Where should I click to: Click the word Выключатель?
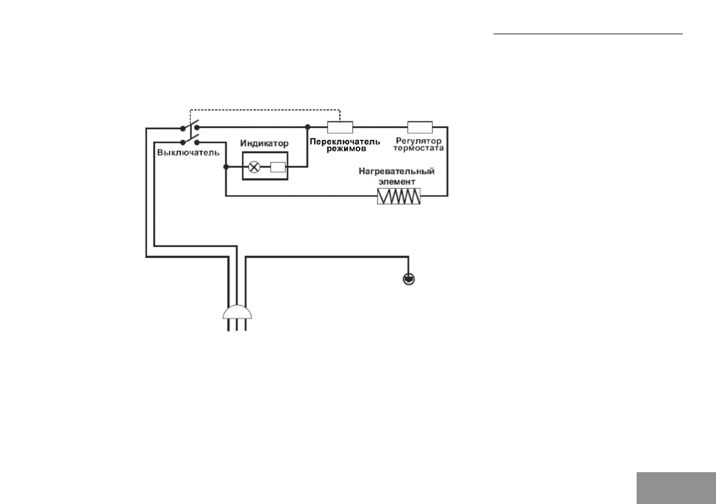(x=188, y=152)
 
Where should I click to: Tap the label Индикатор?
(x=265, y=144)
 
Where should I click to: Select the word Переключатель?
(x=344, y=141)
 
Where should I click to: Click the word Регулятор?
(x=420, y=141)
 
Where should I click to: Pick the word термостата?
(x=420, y=148)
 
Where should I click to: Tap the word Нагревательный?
(x=397, y=172)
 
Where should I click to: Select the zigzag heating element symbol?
(x=399, y=196)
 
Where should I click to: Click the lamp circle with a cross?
(x=254, y=168)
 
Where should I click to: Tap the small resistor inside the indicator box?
(x=278, y=168)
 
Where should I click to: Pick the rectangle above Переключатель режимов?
(x=340, y=127)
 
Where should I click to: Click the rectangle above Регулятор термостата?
(x=420, y=127)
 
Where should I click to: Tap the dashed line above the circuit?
(x=265, y=110)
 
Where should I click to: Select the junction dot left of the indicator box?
(x=225, y=168)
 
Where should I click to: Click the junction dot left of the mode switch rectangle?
(x=307, y=127)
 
